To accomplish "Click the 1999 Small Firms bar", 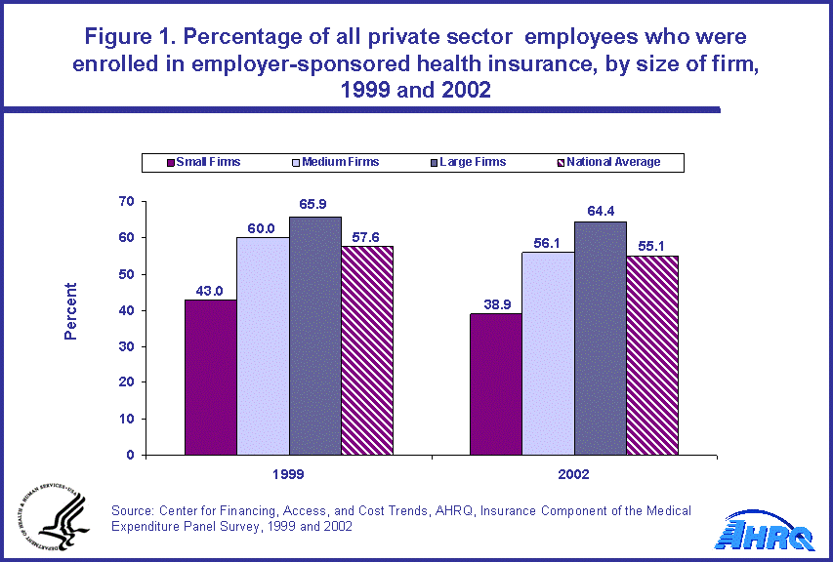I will click(211, 377).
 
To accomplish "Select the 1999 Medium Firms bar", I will click(263, 346).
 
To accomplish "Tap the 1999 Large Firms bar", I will click(314, 336).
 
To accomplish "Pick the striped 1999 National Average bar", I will click(366, 350).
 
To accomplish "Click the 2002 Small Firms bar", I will click(496, 384).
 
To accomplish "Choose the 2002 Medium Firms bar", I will click(548, 353).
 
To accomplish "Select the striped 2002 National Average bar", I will click(651, 355).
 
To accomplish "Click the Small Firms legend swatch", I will click(171, 162).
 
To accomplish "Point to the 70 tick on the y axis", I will click(125, 202).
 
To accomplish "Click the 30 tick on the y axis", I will click(125, 346).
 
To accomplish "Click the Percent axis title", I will click(71, 311).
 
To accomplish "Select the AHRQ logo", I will click(767, 532).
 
